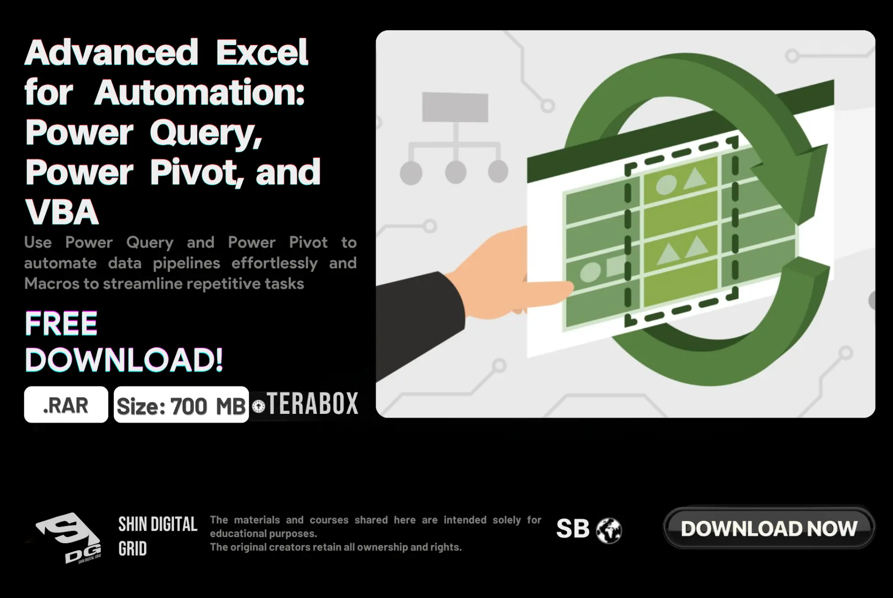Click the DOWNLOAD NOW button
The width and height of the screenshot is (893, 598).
[x=769, y=528]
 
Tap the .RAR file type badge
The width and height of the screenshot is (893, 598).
[x=66, y=405]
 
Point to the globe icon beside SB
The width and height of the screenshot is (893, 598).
[x=609, y=530]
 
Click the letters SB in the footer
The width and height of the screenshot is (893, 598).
[x=573, y=529]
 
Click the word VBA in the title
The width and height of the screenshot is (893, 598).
[x=62, y=212]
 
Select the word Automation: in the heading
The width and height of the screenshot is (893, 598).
[x=200, y=92]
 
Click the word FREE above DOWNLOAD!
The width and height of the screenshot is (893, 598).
[x=61, y=323]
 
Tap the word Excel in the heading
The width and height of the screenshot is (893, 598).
[x=262, y=52]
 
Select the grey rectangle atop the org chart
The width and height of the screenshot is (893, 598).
[x=455, y=107]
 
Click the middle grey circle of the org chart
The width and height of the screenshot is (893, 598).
[x=456, y=172]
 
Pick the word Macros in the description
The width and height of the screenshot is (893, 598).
[x=52, y=284]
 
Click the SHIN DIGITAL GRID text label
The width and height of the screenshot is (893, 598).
[x=158, y=536]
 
